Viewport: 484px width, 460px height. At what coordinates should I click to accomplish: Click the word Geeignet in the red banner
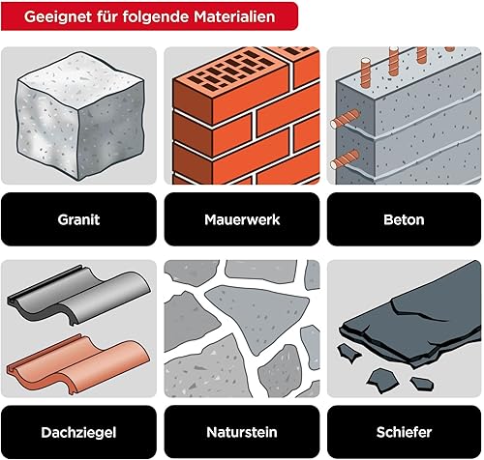click(58, 16)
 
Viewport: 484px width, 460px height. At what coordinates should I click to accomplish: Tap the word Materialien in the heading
click(234, 16)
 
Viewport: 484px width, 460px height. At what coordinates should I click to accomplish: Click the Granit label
click(78, 219)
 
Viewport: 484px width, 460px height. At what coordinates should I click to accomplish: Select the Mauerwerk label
click(242, 219)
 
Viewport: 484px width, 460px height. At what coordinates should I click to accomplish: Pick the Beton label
click(404, 219)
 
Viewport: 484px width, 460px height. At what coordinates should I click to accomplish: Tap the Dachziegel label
click(78, 433)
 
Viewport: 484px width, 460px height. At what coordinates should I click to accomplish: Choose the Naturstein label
click(242, 432)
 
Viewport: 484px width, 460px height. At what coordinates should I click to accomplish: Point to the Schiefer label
click(404, 432)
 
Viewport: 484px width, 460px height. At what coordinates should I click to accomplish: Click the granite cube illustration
click(80, 116)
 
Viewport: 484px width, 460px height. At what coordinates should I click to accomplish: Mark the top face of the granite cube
click(80, 74)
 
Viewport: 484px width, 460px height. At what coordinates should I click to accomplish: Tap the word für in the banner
click(107, 16)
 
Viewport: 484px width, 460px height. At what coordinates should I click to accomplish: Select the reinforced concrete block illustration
click(405, 116)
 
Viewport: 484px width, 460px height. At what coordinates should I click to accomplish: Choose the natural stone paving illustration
click(242, 329)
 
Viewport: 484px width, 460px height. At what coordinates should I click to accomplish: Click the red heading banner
click(149, 16)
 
